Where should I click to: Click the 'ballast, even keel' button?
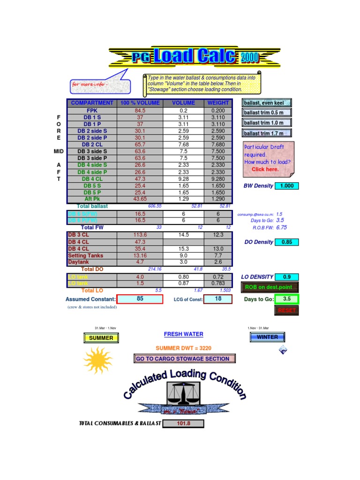[x=266, y=103]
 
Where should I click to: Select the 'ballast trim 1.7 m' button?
[x=266, y=133]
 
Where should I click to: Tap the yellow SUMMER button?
[x=101, y=338]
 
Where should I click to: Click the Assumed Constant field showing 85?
[x=140, y=299]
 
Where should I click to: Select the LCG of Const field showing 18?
[x=218, y=299]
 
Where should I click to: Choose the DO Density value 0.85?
[x=287, y=242]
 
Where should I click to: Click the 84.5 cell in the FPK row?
[x=140, y=111]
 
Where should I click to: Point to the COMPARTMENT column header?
[x=92, y=103]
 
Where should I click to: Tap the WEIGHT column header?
[x=218, y=103]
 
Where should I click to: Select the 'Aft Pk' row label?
[x=92, y=199]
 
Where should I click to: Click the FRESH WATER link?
[x=183, y=334]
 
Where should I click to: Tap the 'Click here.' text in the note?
[x=265, y=169]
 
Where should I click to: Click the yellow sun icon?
[x=98, y=360]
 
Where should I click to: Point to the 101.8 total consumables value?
[x=183, y=424]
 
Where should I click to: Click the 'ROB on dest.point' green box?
[x=269, y=287]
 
